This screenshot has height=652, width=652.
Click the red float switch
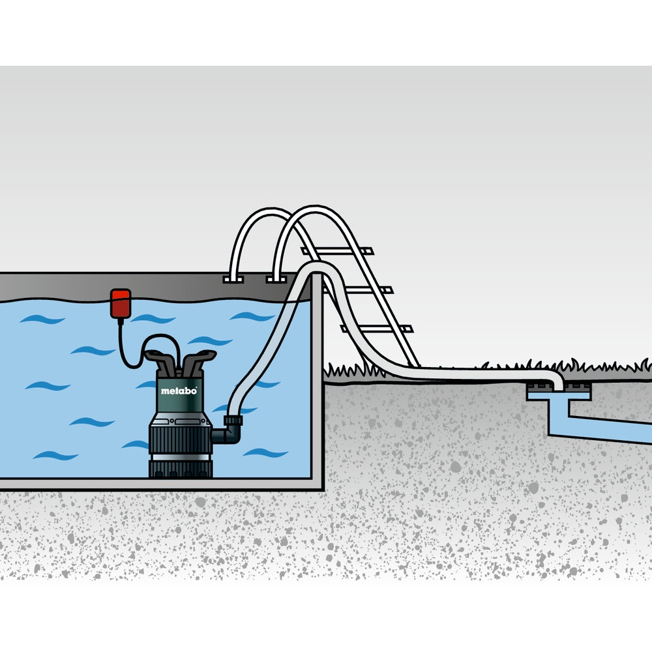[121, 304]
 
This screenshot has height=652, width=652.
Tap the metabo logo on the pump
[179, 391]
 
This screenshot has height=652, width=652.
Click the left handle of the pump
[160, 361]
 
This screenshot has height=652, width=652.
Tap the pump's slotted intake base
[181, 469]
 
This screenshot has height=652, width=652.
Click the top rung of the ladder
[337, 251]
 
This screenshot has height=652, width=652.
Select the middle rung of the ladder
[357, 290]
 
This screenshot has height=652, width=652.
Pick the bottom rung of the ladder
[376, 329]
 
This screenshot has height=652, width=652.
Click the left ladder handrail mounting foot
[233, 279]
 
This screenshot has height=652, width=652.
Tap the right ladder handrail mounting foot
[276, 278]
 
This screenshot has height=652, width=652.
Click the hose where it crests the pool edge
[316, 267]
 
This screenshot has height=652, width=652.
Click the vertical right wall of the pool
[318, 381]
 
